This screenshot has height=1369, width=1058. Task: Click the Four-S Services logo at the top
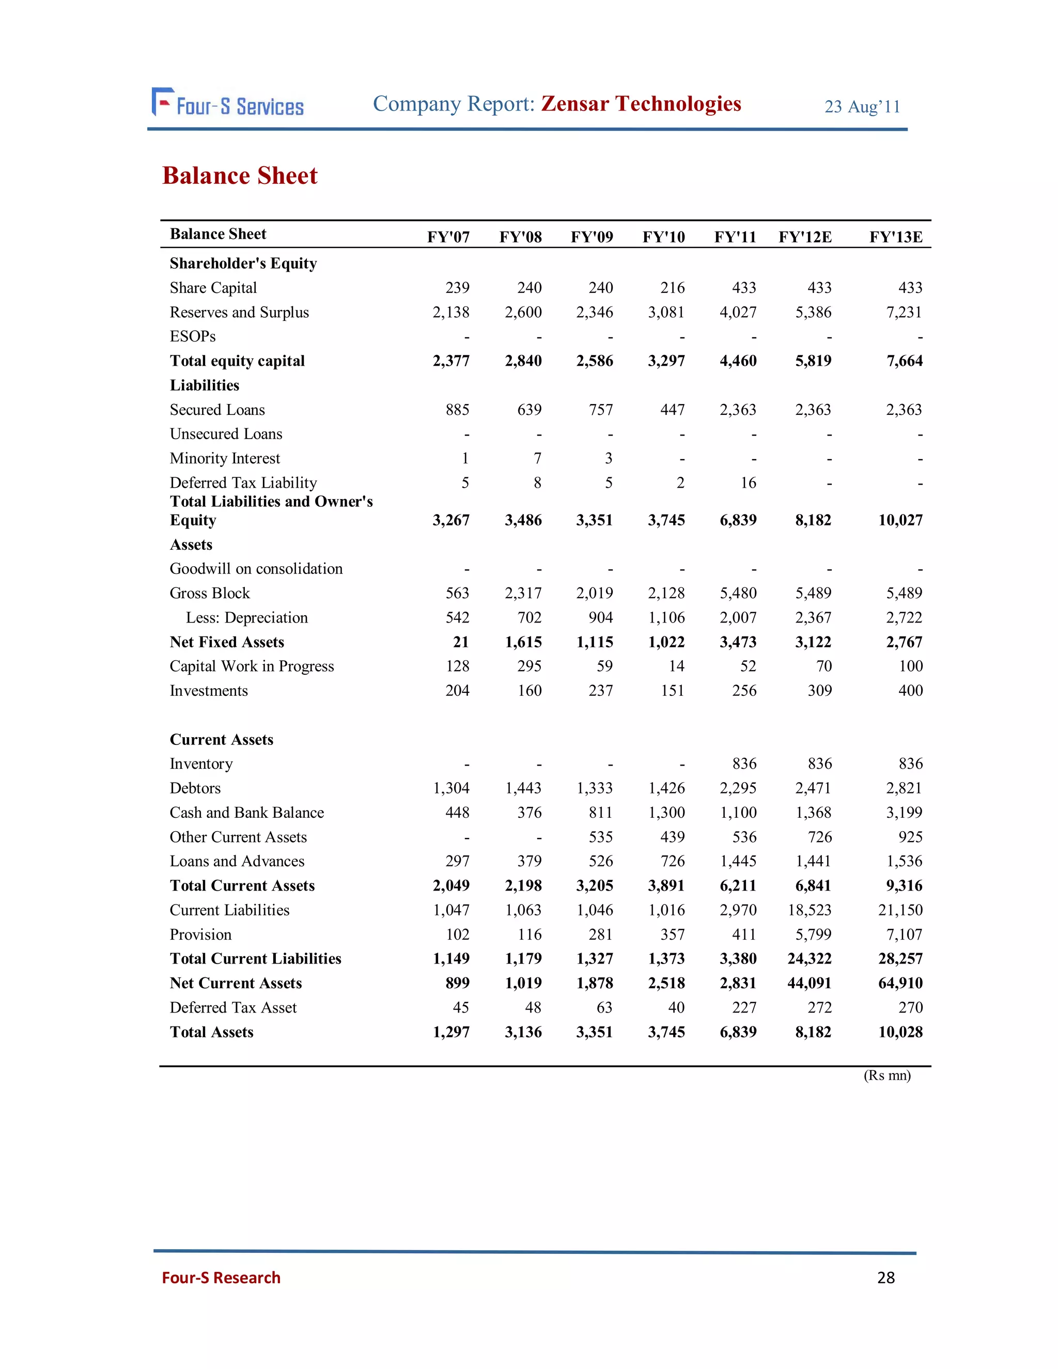pos(227,103)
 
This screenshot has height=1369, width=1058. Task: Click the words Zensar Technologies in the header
pos(641,103)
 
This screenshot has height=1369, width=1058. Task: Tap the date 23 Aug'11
pos(862,107)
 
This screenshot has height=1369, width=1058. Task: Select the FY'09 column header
pos(591,238)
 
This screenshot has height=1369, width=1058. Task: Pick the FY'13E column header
pos(895,238)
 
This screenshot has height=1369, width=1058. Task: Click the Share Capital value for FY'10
pos(672,288)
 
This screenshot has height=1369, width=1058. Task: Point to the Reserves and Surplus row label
pos(239,312)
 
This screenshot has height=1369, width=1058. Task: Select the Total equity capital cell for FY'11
pos(738,361)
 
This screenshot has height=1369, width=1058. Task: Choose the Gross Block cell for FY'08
pos(523,593)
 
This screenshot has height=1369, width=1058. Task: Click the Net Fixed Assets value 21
pos(461,642)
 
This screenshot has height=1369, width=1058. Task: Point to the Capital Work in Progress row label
pos(252,666)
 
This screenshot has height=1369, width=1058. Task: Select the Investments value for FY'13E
pos(910,691)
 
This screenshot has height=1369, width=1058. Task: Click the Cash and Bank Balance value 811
pos(600,813)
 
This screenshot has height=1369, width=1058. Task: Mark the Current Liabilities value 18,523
pos(809,910)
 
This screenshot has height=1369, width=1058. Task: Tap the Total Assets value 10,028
pos(900,1032)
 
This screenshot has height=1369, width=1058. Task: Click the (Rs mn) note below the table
pos(887,1076)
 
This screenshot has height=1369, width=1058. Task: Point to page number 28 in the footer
pos(885,1278)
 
